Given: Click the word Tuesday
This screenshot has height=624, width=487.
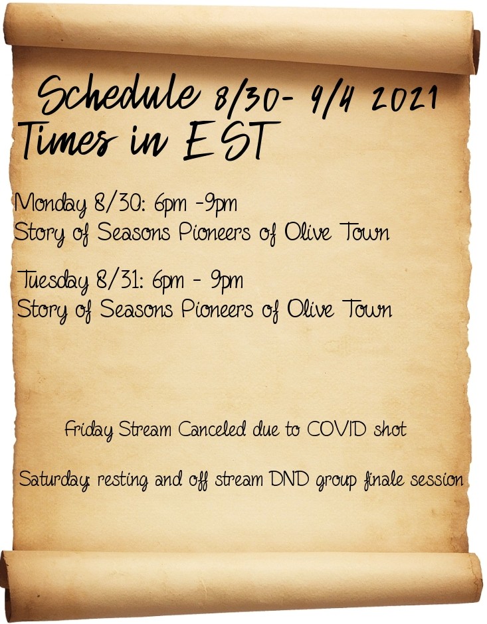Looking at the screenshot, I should [x=53, y=281].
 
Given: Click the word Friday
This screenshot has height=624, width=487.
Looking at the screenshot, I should [x=88, y=430].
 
